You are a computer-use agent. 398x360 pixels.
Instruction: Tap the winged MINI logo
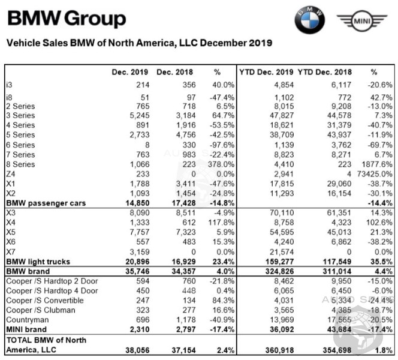(361, 22)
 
